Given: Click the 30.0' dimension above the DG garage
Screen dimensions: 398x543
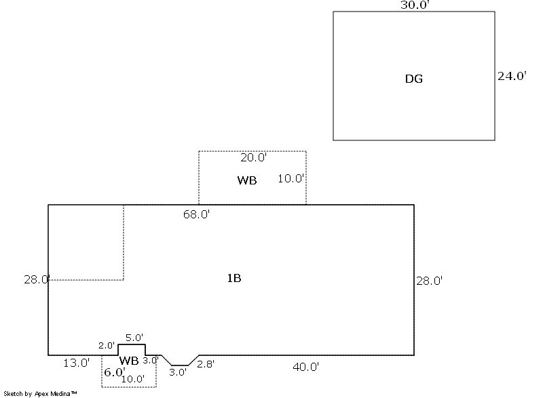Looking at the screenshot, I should pyautogui.click(x=414, y=5).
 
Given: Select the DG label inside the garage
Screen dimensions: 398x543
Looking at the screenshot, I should pyautogui.click(x=414, y=79).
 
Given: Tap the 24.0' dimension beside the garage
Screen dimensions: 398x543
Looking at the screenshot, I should pyautogui.click(x=512, y=76).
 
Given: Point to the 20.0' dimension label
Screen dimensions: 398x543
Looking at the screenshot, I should pyautogui.click(x=254, y=157).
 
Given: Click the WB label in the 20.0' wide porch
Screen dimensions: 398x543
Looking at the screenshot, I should pyautogui.click(x=247, y=180).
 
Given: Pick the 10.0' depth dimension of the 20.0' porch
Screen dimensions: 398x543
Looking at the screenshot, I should pyautogui.click(x=291, y=179).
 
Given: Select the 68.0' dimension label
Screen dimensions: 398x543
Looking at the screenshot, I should pyautogui.click(x=196, y=215).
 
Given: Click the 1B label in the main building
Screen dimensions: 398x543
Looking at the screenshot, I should pyautogui.click(x=233, y=278).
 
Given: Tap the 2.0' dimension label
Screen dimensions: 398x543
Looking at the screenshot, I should pyautogui.click(x=107, y=345).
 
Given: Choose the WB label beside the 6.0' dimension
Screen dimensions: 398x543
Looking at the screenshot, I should pyautogui.click(x=129, y=360).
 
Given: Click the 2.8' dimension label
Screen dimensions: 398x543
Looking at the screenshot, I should pyautogui.click(x=206, y=364).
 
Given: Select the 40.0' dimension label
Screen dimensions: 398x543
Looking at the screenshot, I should pyautogui.click(x=305, y=367).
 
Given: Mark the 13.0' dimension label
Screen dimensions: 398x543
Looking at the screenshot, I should pyautogui.click(x=76, y=363).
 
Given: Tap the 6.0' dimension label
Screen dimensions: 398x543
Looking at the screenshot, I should pyautogui.click(x=114, y=372).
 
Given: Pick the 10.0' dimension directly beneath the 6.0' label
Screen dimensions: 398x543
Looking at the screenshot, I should pyautogui.click(x=132, y=379).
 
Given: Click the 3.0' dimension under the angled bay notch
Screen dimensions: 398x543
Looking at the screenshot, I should pyautogui.click(x=178, y=372).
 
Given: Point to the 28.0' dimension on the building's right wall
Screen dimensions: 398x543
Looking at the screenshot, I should pyautogui.click(x=430, y=280).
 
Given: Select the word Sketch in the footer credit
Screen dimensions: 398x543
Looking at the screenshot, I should pyautogui.click(x=13, y=393).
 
